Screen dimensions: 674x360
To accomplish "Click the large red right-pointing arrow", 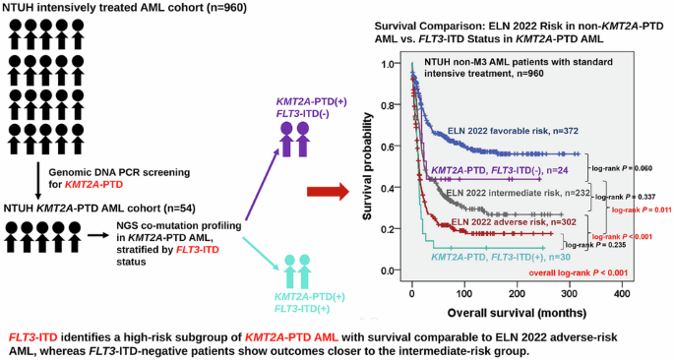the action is coord(328,192).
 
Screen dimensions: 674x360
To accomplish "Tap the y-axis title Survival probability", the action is coord(367,166).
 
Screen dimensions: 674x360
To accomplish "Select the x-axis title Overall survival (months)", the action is coord(517,313).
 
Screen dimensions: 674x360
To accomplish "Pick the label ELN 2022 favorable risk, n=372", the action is coord(513,131).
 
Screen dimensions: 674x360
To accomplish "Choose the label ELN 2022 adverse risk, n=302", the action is coord(514,221).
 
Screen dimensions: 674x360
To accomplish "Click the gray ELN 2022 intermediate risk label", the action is coord(518,193).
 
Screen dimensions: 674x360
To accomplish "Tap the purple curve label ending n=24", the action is coord(500,170).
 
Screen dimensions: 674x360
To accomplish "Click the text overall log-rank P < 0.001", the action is coord(579,272).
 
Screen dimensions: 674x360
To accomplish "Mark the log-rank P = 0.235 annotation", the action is coord(596,245).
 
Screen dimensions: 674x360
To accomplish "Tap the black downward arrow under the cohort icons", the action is coord(38,179).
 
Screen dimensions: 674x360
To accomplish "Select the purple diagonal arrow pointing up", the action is coord(261,184).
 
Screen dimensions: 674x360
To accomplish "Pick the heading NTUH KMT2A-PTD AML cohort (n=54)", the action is coord(99,209).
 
